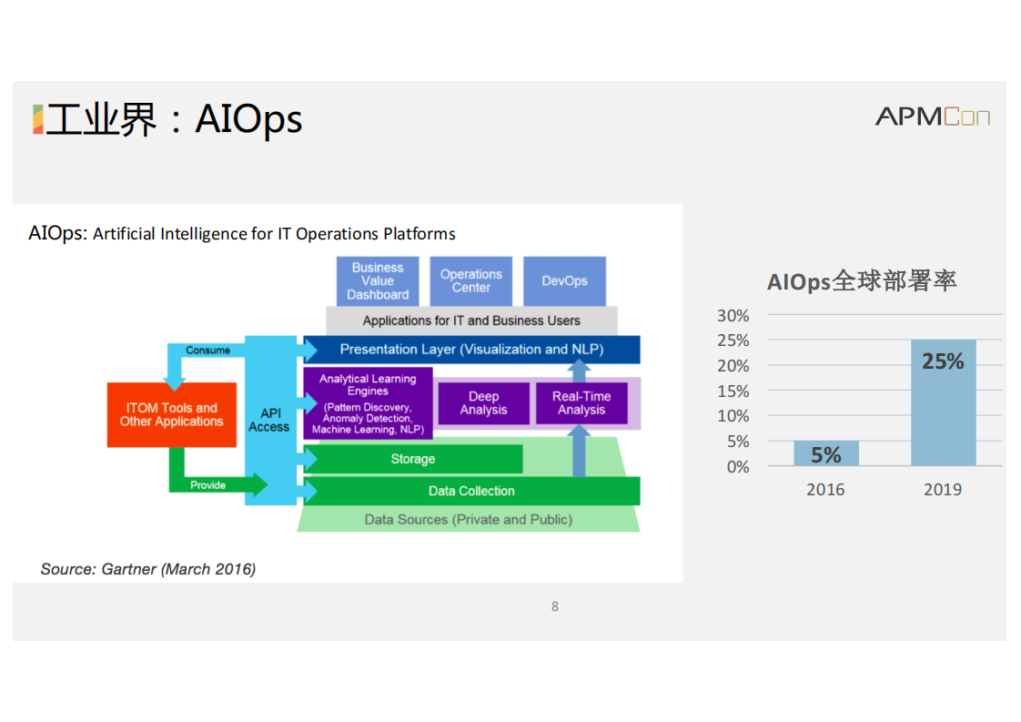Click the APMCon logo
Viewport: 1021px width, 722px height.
tap(933, 117)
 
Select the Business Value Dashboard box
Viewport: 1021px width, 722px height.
tap(378, 280)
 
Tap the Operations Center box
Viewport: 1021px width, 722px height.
tap(470, 280)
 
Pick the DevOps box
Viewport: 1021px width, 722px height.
tap(564, 280)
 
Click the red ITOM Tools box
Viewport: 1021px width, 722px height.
tap(172, 415)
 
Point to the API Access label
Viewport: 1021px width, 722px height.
tap(269, 421)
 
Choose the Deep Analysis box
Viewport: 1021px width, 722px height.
tap(484, 403)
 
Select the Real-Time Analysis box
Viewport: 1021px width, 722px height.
tap(581, 403)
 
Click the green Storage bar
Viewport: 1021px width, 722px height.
tap(413, 459)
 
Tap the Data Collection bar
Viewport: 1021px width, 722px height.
tap(472, 492)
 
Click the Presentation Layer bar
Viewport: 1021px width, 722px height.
tap(472, 350)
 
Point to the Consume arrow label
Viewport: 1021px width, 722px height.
tap(207, 351)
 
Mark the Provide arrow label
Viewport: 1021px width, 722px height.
tap(207, 485)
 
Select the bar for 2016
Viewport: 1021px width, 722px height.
tap(825, 453)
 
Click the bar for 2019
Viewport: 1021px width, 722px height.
tap(943, 402)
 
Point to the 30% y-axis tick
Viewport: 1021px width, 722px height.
tap(733, 316)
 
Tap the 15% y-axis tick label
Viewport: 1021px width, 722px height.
tap(733, 392)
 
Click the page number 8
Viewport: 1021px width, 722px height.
tap(555, 606)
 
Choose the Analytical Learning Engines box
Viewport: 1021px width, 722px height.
tap(368, 403)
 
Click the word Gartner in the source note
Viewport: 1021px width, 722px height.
tap(129, 570)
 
